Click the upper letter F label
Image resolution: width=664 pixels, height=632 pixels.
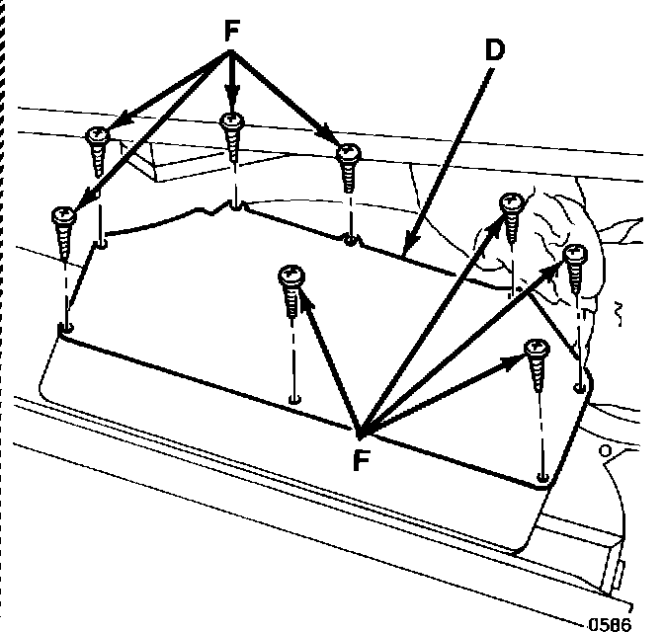tap(232, 32)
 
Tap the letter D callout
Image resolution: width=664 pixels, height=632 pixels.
tap(494, 49)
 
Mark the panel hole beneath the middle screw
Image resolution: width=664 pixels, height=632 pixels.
tap(293, 398)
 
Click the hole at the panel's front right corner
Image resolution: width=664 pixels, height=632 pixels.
tap(542, 478)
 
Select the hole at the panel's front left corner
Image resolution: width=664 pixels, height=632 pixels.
tap(65, 327)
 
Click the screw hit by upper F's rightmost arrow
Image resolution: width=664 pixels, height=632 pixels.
tap(348, 165)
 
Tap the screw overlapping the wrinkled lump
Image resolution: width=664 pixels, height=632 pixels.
tap(512, 217)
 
